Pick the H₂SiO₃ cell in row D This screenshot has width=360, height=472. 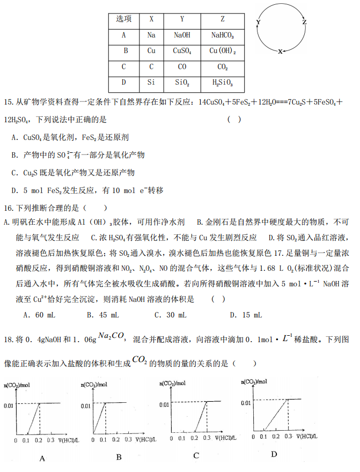223,83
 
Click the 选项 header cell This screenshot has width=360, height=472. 124,19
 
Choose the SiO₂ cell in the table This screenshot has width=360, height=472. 182,83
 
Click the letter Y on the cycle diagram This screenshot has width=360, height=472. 259,22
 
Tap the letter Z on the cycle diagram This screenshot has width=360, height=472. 305,23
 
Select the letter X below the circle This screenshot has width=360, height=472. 280,51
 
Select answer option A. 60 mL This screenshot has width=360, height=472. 39,315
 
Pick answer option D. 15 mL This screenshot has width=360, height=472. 245,315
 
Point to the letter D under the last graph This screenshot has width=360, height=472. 274,454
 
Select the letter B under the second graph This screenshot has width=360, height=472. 119,457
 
